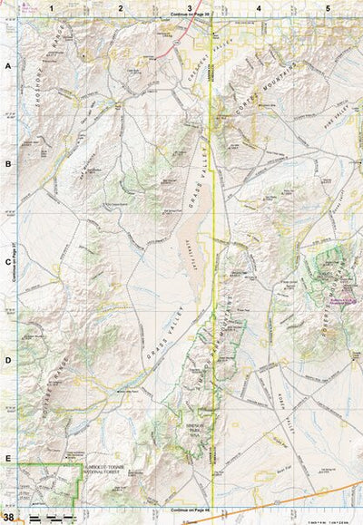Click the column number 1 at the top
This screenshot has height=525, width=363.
click(52, 7)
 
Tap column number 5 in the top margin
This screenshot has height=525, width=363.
click(328, 7)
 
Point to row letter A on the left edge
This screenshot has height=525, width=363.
click(8, 67)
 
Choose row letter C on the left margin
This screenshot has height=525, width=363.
click(8, 263)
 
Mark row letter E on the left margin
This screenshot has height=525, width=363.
click(8, 459)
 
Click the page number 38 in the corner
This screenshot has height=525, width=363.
click(8, 517)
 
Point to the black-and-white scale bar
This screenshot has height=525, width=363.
click(50, 517)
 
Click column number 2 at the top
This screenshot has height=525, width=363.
click(120, 7)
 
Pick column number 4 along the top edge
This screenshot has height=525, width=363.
click(259, 7)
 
